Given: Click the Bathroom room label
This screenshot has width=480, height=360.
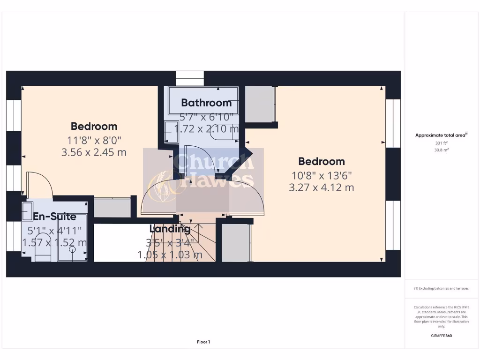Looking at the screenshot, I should click(206, 103).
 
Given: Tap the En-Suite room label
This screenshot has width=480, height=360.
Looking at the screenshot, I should click(54, 217).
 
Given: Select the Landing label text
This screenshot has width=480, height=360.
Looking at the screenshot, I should click(170, 229).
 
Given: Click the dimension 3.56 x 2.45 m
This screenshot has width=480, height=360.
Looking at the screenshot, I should click(94, 152).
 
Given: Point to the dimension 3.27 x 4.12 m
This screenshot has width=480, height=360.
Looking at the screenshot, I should click(321, 187).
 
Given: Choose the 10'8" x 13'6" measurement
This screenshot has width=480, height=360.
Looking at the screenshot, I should click(321, 175).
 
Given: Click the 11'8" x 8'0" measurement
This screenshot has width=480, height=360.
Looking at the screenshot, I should click(94, 140).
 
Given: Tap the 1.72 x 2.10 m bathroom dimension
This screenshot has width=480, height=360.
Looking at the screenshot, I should click(206, 128).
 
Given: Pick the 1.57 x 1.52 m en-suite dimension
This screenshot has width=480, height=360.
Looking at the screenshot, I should click(54, 242).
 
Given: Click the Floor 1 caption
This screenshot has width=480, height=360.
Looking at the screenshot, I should click(203, 342).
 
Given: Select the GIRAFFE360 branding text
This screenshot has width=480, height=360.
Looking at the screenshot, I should click(441, 336).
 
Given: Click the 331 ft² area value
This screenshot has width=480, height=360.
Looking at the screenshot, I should click(441, 143).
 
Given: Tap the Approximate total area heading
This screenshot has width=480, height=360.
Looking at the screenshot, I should click(441, 135).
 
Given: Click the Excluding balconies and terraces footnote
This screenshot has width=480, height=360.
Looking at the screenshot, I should click(441, 289).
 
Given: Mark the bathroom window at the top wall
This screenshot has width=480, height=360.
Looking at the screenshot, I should click(190, 78).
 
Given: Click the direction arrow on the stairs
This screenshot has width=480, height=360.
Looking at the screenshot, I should click(199, 230).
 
